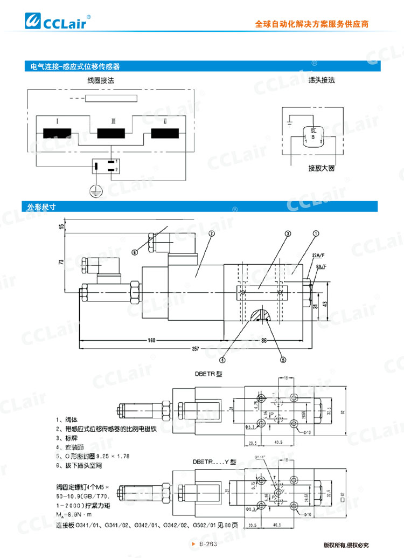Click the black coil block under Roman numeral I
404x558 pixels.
[58, 133]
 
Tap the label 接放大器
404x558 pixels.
[322, 168]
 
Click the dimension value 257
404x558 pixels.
[194, 349]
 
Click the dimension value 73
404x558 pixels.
[61, 262]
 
